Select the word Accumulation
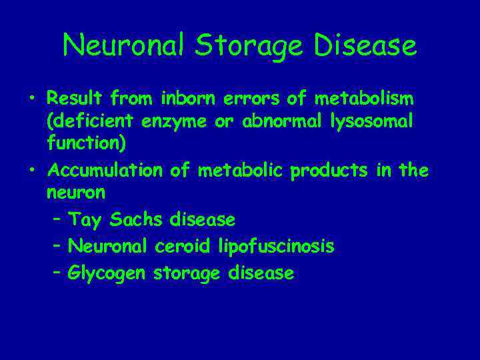point(104,171)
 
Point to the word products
point(328,171)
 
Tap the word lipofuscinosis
point(276,246)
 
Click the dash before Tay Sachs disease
point(57,220)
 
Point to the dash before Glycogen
point(57,273)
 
